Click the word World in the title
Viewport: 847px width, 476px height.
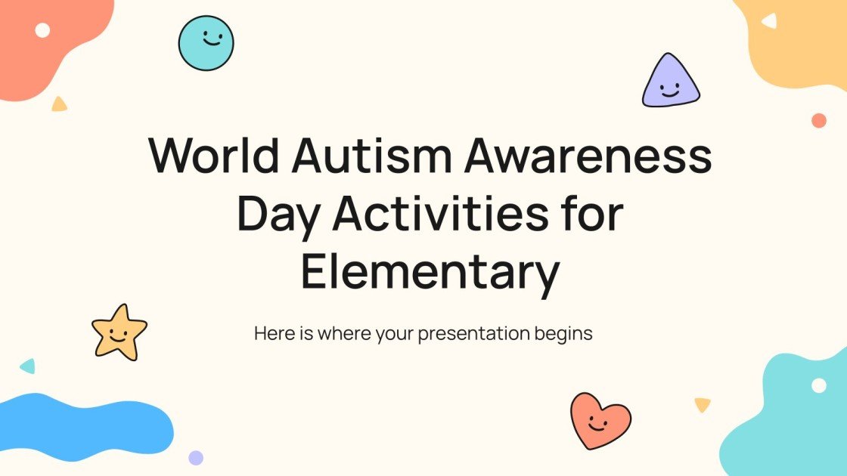(214, 157)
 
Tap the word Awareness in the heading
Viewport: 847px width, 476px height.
(588, 157)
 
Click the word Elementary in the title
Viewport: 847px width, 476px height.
(430, 274)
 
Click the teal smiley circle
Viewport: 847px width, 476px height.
(206, 43)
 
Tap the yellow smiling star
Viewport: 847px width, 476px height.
(119, 332)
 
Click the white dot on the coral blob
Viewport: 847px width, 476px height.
(43, 29)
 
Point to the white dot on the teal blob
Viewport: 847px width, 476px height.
(819, 385)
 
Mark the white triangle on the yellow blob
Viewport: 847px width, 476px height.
(769, 21)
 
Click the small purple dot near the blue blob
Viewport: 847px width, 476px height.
(196, 457)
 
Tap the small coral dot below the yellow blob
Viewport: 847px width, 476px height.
(818, 121)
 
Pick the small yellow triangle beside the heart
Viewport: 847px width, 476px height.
(703, 405)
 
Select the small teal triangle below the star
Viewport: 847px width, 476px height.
(28, 366)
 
